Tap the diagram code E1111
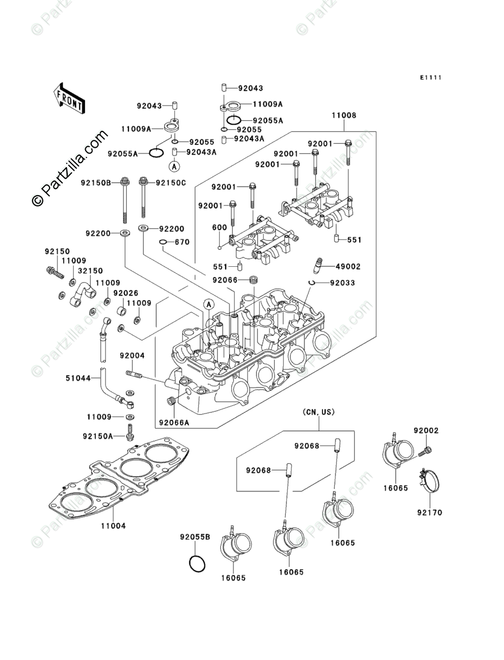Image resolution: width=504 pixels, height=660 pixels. pyautogui.click(x=430, y=77)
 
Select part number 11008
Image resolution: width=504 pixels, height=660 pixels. pyautogui.click(x=343, y=115)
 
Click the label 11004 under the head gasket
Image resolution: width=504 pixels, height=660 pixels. pyautogui.click(x=113, y=526)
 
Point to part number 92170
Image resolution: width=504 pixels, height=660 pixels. pyautogui.click(x=430, y=513)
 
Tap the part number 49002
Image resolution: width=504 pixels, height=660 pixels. pyautogui.click(x=348, y=266)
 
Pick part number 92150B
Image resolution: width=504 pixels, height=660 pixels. pyautogui.click(x=96, y=183)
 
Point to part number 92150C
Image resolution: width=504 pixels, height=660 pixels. pyautogui.click(x=171, y=183)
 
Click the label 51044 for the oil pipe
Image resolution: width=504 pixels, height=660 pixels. pyautogui.click(x=78, y=379)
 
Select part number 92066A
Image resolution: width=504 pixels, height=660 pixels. pyautogui.click(x=174, y=423)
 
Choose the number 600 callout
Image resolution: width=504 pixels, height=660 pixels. pyautogui.click(x=219, y=228)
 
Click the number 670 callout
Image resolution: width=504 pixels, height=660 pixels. pyautogui.click(x=182, y=242)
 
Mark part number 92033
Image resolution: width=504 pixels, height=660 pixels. pyautogui.click(x=342, y=283)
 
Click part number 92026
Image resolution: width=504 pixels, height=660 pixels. pyautogui.click(x=125, y=293)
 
